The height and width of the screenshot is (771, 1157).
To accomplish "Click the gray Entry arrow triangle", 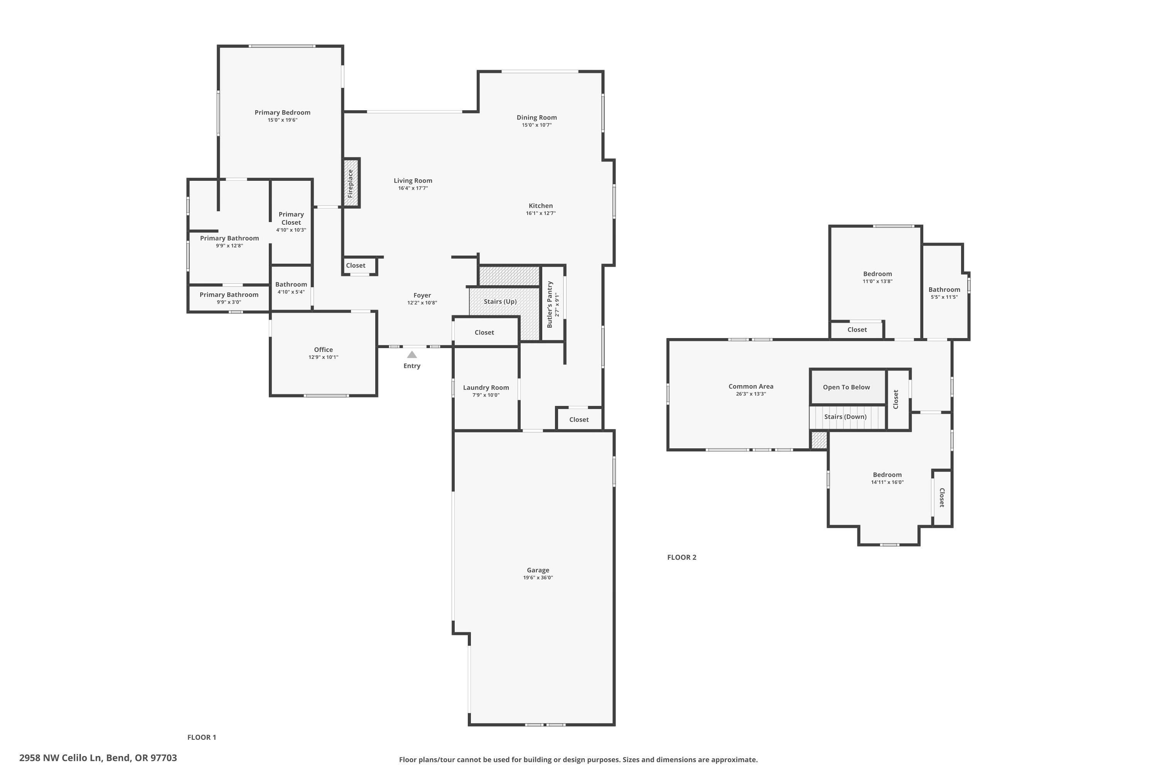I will (412, 355).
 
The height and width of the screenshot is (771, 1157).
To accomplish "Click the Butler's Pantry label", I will (550, 305).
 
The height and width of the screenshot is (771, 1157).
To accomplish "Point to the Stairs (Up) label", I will (500, 301).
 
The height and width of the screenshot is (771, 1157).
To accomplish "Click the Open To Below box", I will (846, 387).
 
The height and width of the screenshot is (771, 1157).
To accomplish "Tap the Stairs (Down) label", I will (845, 416).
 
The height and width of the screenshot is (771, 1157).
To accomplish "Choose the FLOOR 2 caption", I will (681, 557).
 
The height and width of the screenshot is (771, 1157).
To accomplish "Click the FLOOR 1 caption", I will (202, 737).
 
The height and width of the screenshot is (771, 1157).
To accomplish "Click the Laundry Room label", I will (486, 387).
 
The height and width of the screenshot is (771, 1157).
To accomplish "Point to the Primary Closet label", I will (291, 218).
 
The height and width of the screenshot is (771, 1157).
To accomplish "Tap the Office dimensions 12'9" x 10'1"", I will (323, 357).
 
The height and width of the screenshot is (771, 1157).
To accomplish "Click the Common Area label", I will (751, 387).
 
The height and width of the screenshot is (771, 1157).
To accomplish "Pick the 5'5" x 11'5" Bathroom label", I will (944, 290).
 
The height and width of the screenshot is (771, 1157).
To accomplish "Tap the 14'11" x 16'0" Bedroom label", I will (887, 475).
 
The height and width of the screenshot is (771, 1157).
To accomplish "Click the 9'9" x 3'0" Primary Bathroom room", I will (229, 298).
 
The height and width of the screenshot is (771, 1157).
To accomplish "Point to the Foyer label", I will (422, 296).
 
